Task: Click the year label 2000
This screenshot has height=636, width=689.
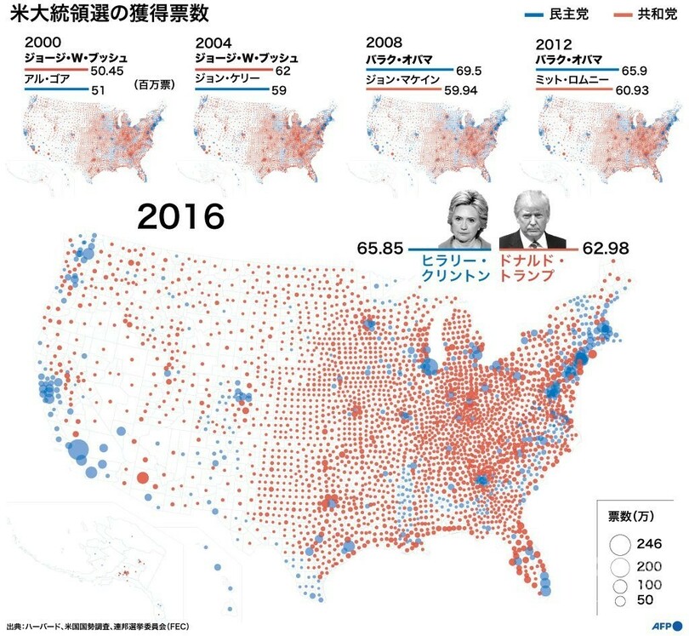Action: tap(43, 42)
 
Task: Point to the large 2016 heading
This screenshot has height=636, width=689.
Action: tap(181, 219)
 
